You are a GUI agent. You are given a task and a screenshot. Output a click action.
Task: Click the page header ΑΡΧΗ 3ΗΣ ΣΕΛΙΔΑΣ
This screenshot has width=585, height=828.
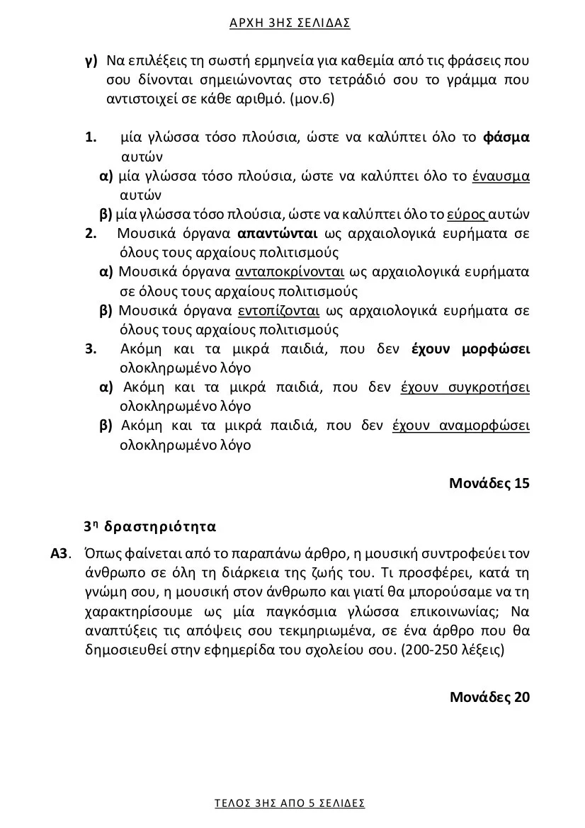coord(290,23)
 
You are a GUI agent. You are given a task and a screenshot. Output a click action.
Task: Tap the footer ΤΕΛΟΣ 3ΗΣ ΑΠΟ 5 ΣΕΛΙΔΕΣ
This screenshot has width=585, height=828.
coord(290,803)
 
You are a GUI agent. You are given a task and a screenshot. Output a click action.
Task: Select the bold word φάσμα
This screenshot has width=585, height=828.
coord(506,137)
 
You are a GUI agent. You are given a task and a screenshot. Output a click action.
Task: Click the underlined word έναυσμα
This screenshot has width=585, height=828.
coord(501,176)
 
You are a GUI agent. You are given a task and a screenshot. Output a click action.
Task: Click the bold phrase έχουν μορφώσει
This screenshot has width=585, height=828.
coord(470,348)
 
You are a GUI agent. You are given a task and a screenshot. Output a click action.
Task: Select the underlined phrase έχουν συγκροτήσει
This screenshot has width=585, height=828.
coord(465,387)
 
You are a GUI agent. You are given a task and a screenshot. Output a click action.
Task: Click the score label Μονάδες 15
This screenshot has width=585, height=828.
coord(489,484)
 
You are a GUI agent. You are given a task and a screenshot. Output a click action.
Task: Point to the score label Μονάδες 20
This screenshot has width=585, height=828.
coord(489,696)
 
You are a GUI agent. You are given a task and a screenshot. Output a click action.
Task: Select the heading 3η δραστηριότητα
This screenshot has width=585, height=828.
coord(149,527)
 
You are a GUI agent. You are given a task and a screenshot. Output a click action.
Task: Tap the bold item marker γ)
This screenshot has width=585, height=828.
coord(91,60)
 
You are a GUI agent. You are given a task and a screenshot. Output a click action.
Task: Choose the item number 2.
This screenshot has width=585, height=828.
coord(91,233)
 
